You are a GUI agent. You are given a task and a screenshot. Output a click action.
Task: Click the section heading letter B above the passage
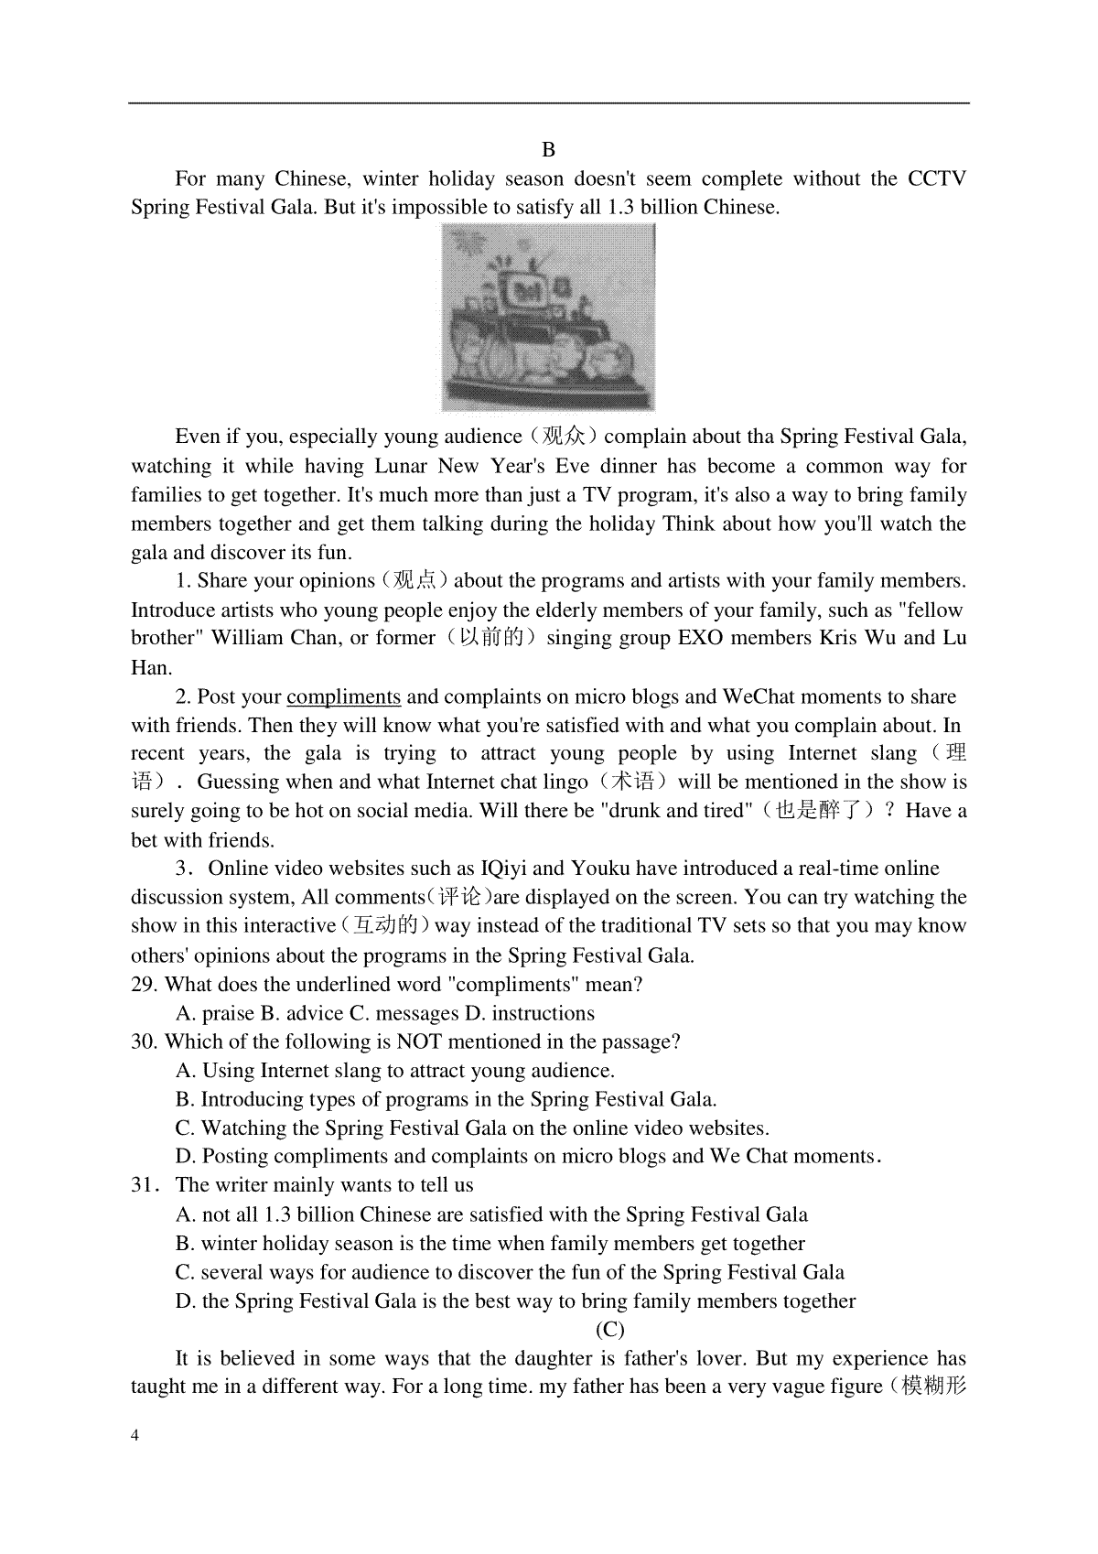pyautogui.click(x=548, y=150)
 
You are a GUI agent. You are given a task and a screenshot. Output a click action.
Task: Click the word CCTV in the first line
pyautogui.click(x=936, y=178)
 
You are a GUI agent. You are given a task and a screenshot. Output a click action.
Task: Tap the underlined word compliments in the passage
pyautogui.click(x=343, y=696)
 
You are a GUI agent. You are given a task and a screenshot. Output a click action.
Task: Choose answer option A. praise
pyautogui.click(x=215, y=1014)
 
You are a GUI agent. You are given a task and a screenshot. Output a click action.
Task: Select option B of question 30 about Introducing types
pyautogui.click(x=446, y=1100)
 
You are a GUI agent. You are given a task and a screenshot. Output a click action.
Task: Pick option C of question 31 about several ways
pyautogui.click(x=510, y=1273)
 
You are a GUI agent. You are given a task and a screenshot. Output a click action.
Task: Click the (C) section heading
pyautogui.click(x=609, y=1330)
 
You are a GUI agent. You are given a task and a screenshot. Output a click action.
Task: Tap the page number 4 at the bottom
pyautogui.click(x=135, y=1435)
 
